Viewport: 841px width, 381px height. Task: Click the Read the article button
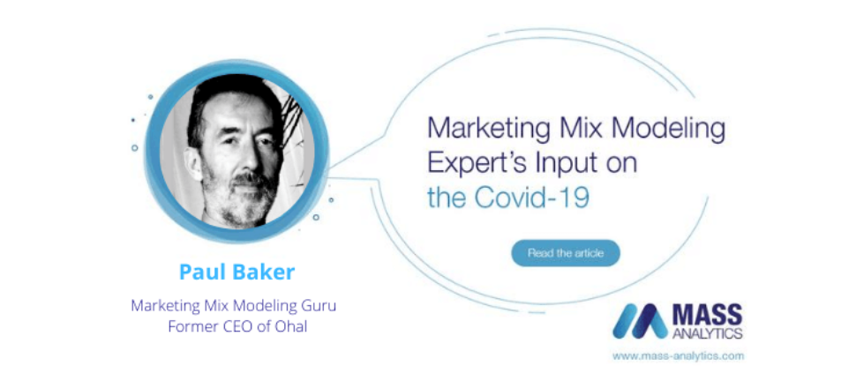566,253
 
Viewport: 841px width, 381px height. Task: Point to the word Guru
320,307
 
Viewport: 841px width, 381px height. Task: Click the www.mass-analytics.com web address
678,355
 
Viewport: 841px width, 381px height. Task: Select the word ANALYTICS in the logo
707,333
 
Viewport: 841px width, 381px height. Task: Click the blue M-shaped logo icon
641,321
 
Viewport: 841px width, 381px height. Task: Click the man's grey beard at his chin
240,206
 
